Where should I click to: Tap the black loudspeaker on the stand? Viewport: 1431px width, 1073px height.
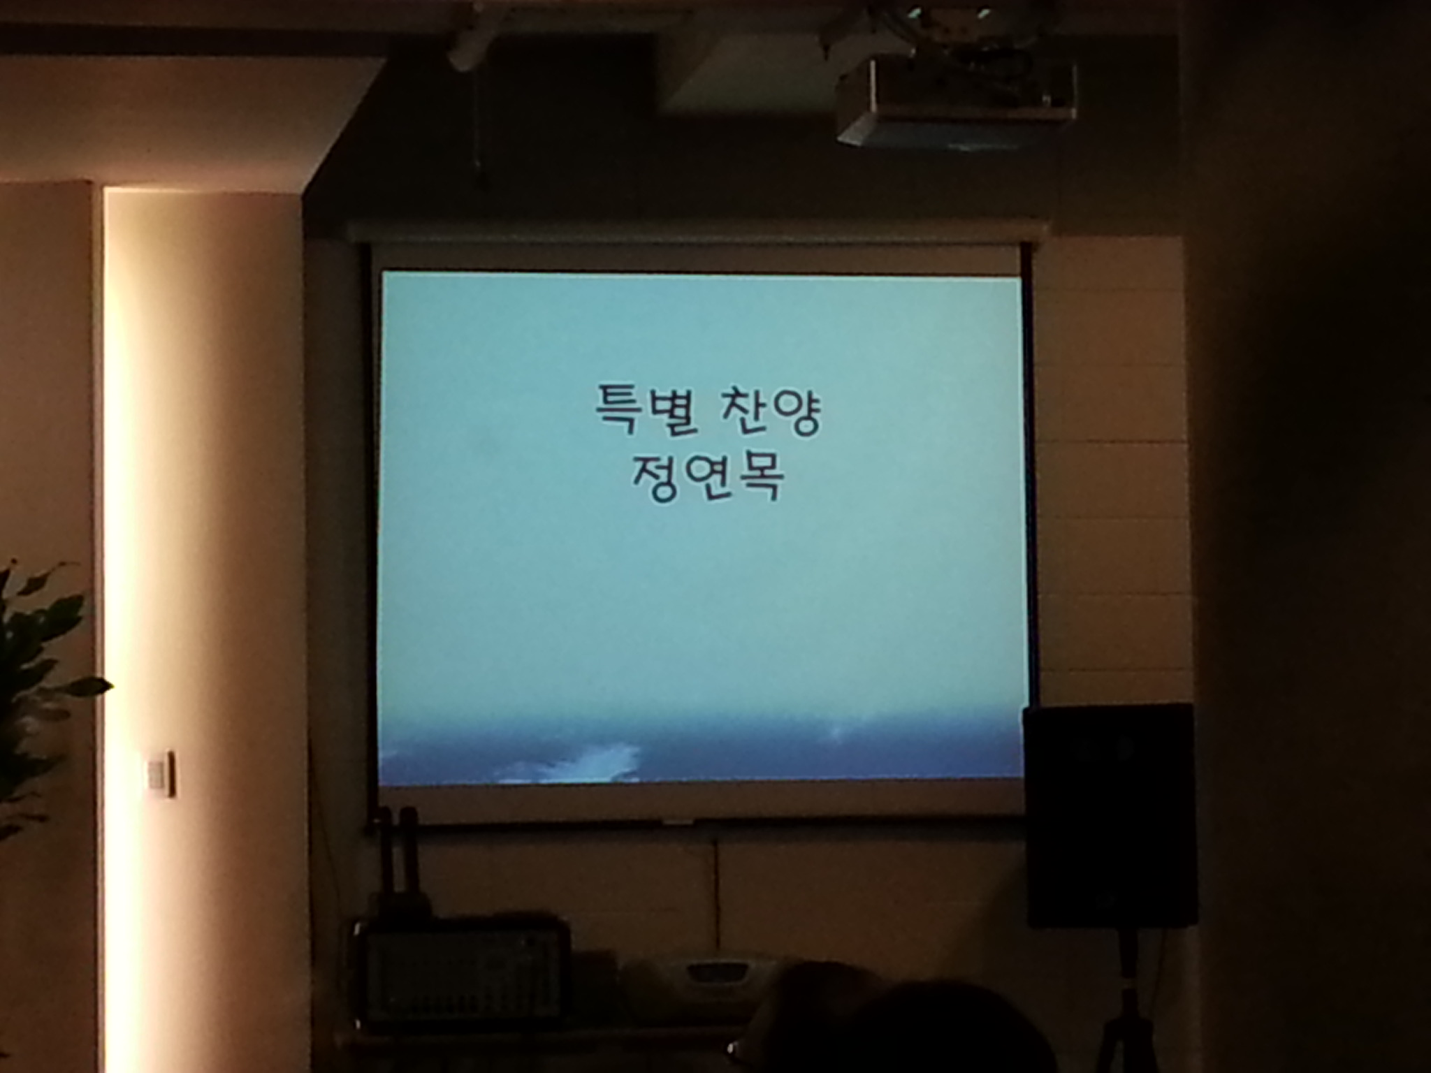coord(1108,815)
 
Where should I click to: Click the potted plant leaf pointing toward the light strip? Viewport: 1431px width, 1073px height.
coord(87,685)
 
